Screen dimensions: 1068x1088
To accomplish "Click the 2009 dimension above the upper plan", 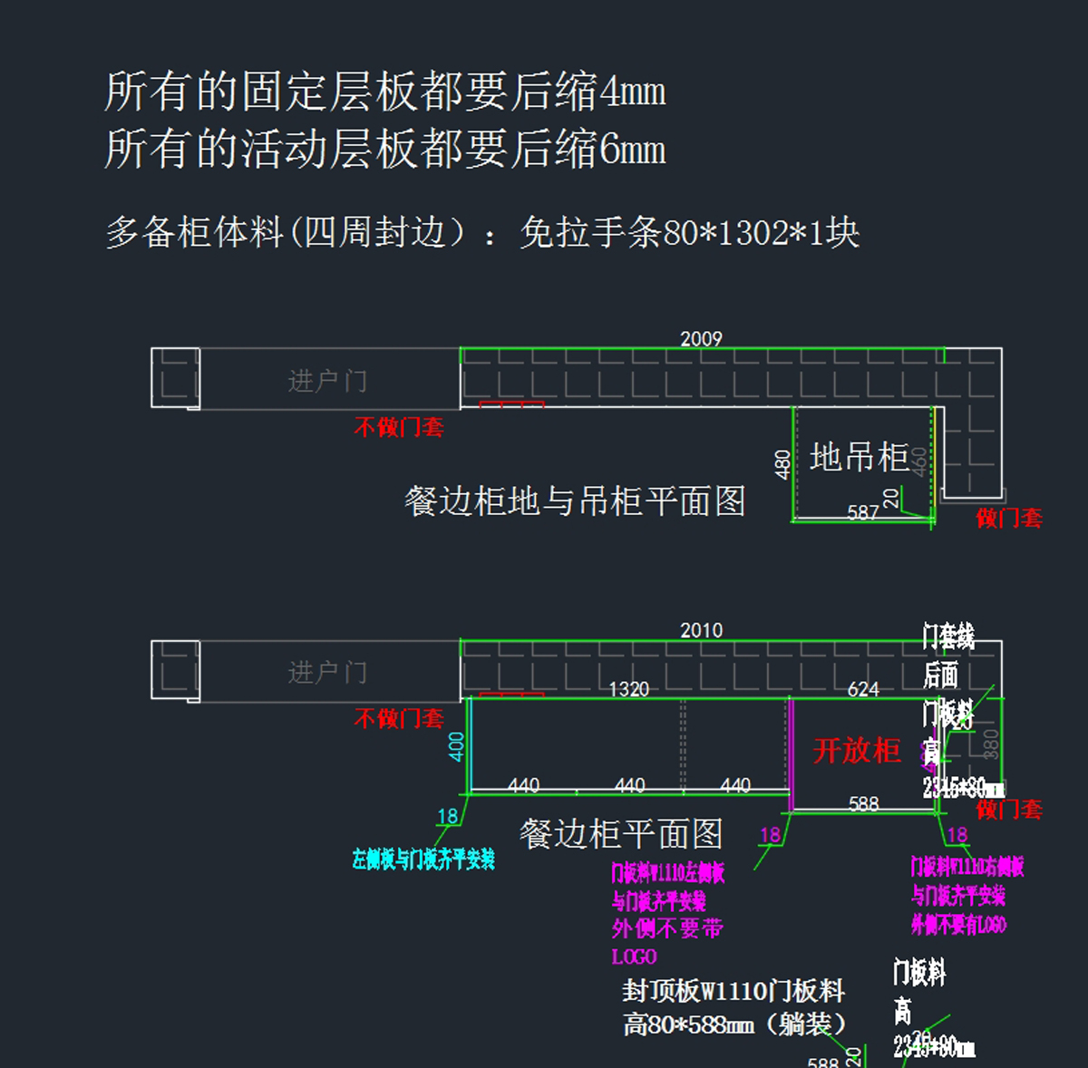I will (701, 339).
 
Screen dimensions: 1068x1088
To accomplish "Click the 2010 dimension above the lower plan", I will (701, 631).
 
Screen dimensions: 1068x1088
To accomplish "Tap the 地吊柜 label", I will (859, 458).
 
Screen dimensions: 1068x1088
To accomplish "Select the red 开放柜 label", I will (857, 751).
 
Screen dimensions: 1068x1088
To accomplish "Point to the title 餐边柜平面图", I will (621, 834).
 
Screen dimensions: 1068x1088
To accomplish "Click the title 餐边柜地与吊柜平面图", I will (575, 501).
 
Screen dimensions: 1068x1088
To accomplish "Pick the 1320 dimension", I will (628, 690).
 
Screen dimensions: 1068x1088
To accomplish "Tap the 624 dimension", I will (863, 690).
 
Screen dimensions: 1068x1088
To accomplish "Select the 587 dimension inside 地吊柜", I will (863, 513).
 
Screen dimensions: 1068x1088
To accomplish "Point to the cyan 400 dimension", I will (457, 746).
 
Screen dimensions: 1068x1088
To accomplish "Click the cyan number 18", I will (448, 817).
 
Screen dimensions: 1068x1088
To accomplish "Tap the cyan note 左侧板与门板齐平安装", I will (423, 859).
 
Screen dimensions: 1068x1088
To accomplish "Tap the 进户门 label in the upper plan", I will (327, 381).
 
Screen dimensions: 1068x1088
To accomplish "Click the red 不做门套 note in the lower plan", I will (399, 719).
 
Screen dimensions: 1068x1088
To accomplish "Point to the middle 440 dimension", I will (629, 785).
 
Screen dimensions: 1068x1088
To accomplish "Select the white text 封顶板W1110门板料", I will (733, 991).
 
